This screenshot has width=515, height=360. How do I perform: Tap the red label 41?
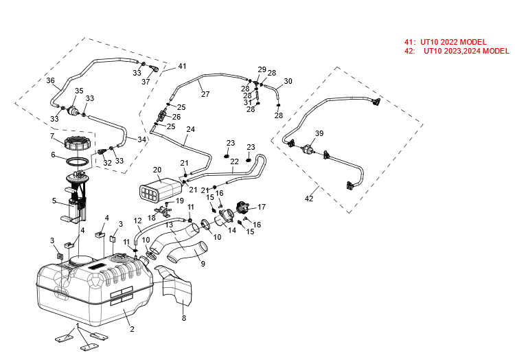pos(410,43)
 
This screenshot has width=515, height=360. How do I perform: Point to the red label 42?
pos(410,51)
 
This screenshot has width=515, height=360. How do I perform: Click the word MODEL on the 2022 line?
pos(474,43)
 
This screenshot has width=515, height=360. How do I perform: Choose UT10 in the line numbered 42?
pos(433,51)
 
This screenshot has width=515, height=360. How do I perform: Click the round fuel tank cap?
pos(76,144)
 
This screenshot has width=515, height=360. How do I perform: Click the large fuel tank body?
pos(96,285)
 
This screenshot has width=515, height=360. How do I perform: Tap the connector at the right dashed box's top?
pos(375,102)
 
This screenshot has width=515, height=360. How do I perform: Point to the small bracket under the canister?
pos(165,210)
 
